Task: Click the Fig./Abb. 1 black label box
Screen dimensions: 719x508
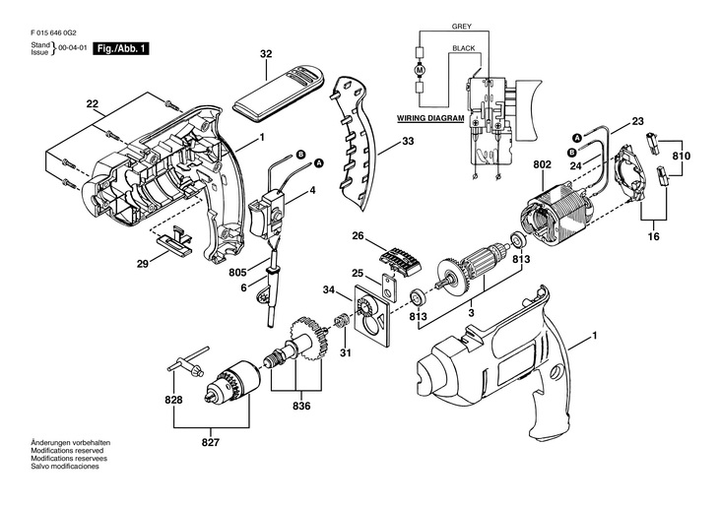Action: click(x=121, y=48)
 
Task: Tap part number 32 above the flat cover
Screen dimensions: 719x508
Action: click(x=266, y=53)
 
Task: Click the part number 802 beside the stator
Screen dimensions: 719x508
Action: click(x=543, y=164)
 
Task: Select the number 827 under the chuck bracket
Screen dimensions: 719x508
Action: click(x=211, y=442)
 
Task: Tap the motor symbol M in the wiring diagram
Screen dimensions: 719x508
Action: click(x=421, y=70)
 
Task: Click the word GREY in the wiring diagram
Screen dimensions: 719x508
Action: click(x=461, y=27)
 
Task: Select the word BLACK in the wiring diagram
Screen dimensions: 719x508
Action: click(x=464, y=48)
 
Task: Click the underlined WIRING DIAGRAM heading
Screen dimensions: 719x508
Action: click(x=430, y=118)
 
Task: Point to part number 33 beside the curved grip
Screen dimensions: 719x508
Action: click(x=408, y=141)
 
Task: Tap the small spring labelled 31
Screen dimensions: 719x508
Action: click(x=340, y=321)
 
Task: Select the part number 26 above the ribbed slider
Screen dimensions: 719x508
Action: click(x=359, y=236)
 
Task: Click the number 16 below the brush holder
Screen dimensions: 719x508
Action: click(x=654, y=236)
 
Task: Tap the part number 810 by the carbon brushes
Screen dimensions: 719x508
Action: click(x=682, y=156)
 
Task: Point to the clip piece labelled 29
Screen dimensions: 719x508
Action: click(x=174, y=238)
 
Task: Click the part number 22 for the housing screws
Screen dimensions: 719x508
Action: click(x=93, y=104)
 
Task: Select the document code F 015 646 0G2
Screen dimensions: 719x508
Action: click(x=53, y=33)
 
